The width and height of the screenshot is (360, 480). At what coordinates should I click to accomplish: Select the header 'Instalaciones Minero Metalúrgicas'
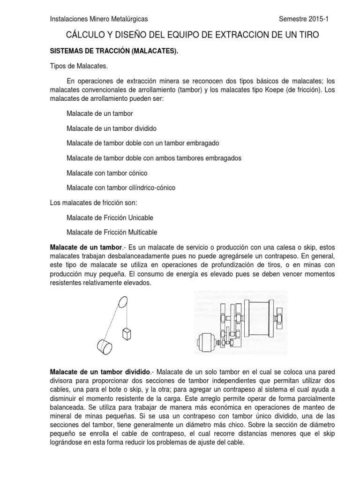pos(98,19)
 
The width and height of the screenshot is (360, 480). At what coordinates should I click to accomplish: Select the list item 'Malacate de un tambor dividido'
pos(112,128)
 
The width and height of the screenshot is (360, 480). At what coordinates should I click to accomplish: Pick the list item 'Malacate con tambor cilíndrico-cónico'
pos(121,187)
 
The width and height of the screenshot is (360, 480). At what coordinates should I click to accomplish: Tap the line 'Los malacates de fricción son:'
pos(93,202)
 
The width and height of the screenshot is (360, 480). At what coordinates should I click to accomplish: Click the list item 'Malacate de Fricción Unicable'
pos(110,218)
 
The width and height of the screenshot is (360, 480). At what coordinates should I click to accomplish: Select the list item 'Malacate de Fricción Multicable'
pos(112,232)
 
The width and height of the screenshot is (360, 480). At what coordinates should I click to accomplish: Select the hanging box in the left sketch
pos(126,334)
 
